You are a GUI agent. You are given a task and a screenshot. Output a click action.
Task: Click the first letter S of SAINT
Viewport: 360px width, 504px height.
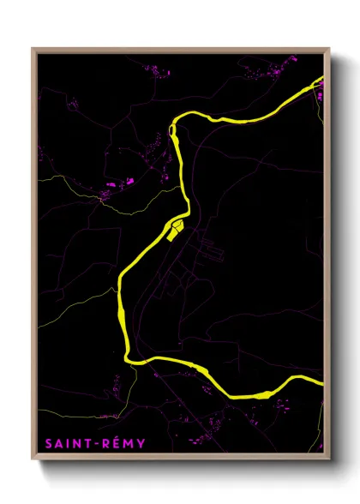[46, 443]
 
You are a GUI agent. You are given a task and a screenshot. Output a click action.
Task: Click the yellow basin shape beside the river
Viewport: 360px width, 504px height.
[177, 229]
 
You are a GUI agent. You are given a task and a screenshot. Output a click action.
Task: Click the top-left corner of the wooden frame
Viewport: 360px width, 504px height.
[33, 49]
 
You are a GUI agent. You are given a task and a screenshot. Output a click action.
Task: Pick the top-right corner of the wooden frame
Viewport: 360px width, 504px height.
[329, 49]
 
